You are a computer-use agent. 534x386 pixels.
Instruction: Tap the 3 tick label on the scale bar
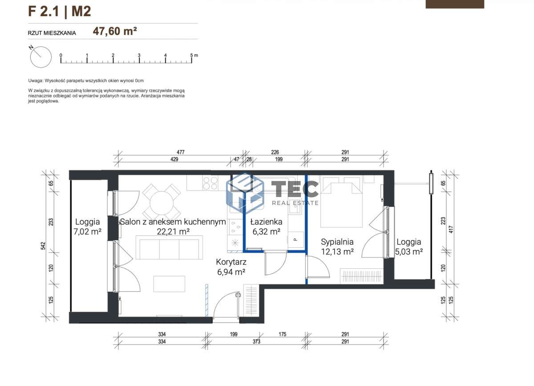tap(139, 55)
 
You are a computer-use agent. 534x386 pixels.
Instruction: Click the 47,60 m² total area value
tap(115, 31)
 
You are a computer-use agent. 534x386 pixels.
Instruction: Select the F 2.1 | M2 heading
tap(59, 11)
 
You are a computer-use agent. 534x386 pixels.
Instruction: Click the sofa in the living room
tap(169, 247)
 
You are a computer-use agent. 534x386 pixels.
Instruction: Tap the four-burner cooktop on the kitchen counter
tap(210, 183)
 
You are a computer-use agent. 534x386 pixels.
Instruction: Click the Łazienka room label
tap(266, 222)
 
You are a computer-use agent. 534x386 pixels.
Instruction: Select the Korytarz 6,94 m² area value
tap(231, 271)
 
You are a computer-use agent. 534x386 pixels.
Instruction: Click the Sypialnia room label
tap(337, 242)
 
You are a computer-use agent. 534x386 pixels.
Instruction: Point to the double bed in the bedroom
tap(341, 202)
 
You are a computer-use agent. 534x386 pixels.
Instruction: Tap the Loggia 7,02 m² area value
tap(88, 231)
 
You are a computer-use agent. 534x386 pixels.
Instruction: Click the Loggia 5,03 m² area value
tap(409, 251)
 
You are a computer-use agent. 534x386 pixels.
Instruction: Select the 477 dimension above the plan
tap(181, 152)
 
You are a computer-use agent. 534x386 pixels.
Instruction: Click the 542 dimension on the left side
tap(43, 246)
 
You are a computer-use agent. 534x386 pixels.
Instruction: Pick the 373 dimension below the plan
tap(256, 341)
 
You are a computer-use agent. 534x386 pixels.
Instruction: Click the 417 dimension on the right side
tap(451, 230)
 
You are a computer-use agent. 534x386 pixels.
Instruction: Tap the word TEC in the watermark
tap(295, 189)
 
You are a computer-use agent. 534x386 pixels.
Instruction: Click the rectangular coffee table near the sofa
tap(169, 284)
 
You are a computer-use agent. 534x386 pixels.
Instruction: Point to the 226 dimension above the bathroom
tap(275, 152)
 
